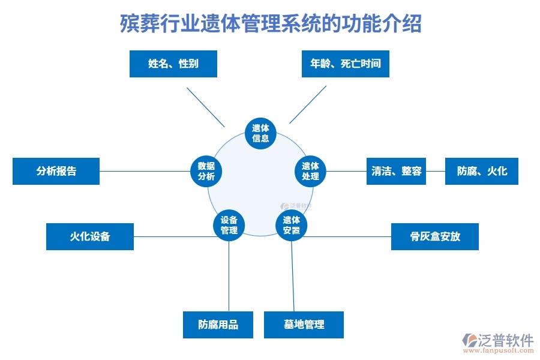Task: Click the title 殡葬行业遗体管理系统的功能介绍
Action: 270,25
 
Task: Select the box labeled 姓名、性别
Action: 173,64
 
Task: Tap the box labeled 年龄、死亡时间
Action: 345,64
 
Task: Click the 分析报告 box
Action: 56,171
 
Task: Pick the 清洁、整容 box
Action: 396,171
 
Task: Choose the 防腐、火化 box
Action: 482,171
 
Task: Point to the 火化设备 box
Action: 90,236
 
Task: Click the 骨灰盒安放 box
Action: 435,236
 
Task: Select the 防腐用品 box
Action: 218,325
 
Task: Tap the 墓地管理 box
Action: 304,325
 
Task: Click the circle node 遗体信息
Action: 260,133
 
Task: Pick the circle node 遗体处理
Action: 310,171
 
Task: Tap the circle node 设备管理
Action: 229,225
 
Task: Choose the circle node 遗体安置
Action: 291,225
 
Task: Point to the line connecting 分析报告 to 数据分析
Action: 144,171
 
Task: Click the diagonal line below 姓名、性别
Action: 206,107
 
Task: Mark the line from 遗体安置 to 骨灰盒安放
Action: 348,236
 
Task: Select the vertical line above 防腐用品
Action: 229,276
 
